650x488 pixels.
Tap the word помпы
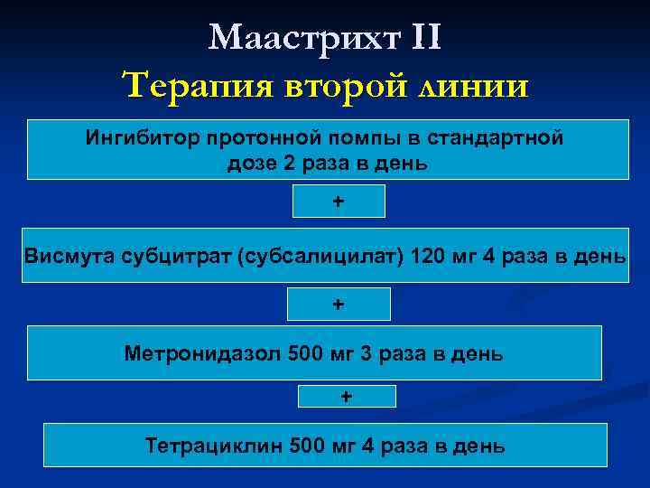point(342,139)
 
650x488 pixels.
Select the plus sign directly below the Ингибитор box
point(339,202)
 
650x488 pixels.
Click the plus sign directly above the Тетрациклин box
point(347,396)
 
